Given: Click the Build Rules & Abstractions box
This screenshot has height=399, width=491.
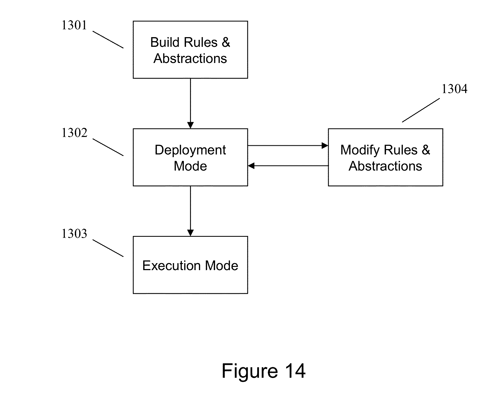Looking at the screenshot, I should (190, 50).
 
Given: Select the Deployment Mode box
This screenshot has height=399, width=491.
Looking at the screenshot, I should (190, 157).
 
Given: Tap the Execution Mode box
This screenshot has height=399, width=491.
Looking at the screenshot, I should (190, 265).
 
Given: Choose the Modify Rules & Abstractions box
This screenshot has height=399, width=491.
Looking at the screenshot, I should (385, 157).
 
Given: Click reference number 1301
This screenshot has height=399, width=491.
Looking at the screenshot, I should (74, 26).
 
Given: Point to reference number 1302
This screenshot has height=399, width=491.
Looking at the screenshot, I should (75, 133).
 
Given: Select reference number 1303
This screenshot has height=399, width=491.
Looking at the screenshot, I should (74, 234).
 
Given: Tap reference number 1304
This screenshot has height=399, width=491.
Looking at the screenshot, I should (455, 89).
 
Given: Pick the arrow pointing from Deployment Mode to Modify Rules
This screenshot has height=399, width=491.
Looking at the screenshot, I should (288, 146).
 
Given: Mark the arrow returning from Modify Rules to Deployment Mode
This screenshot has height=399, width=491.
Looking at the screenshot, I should (288, 166).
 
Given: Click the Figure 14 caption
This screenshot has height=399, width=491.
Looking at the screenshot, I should (264, 371).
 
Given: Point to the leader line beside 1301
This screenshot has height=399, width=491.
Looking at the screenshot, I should (108, 40).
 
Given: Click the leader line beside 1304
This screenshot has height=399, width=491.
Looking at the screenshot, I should (421, 110).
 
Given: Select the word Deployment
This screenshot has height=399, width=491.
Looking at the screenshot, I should (190, 150).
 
